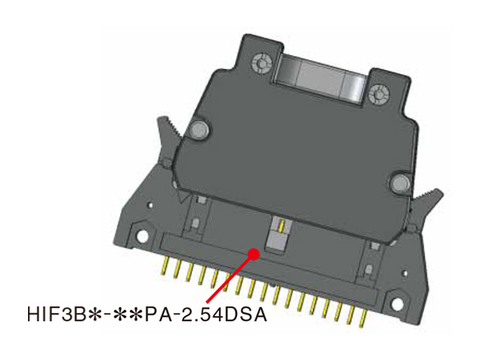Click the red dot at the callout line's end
(254, 253)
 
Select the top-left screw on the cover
(263, 63)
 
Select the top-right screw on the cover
(378, 91)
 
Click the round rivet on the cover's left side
(198, 130)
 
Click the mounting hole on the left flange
(144, 238)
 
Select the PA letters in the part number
(157, 316)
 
